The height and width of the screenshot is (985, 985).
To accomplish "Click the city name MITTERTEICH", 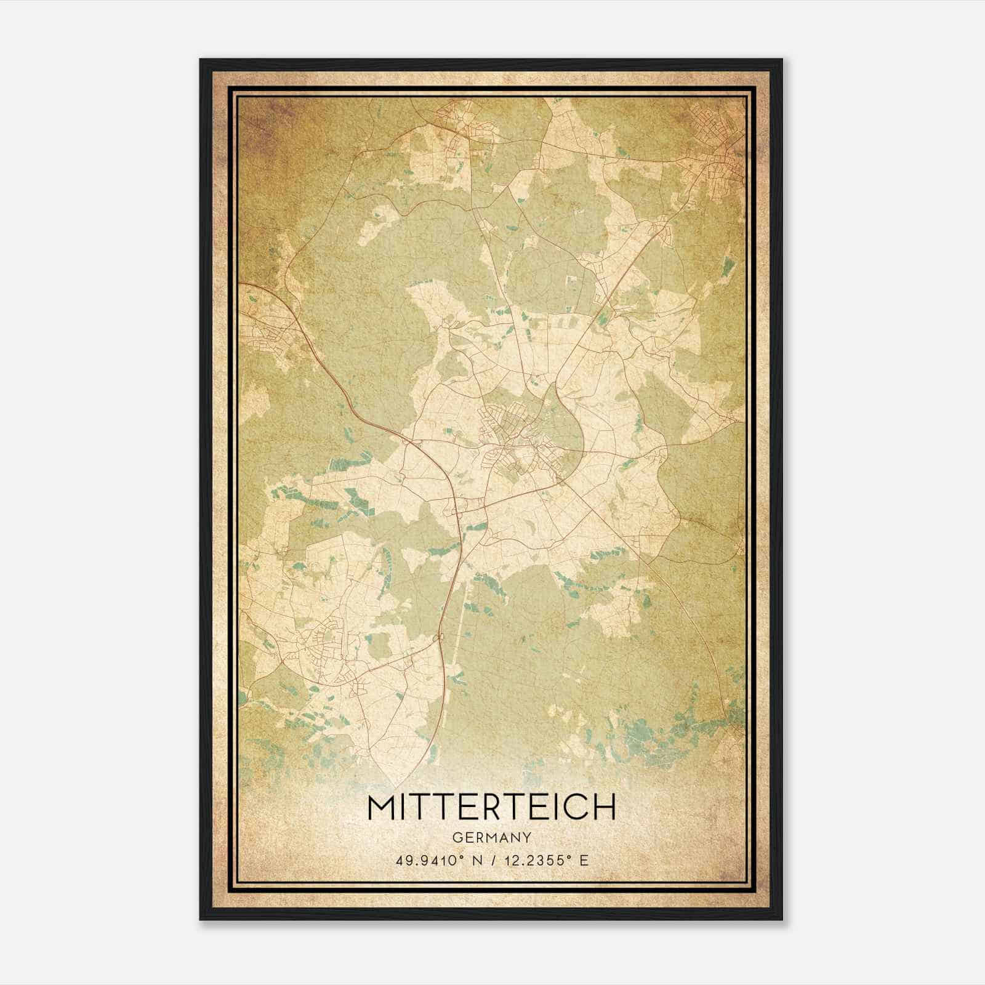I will pyautogui.click(x=491, y=808).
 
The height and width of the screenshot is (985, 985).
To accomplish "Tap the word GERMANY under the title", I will pyautogui.click(x=492, y=838).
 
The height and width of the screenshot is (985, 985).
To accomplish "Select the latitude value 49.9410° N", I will pyautogui.click(x=438, y=861).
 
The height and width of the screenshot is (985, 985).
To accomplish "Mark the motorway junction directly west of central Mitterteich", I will pyautogui.click(x=409, y=440).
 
